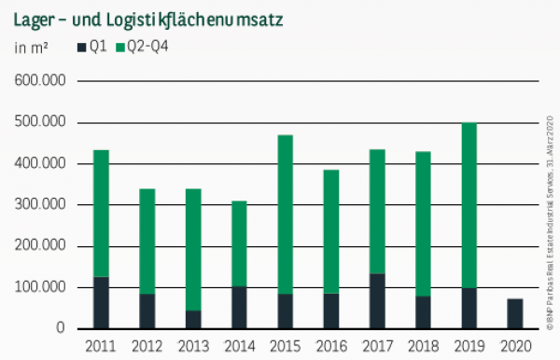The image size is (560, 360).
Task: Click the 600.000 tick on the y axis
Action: [42, 81]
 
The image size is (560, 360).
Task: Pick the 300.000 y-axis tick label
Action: [42, 205]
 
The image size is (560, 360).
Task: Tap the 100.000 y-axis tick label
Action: [42, 287]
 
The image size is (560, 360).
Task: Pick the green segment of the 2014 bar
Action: [239, 243]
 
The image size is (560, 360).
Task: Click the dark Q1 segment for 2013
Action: [194, 319]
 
